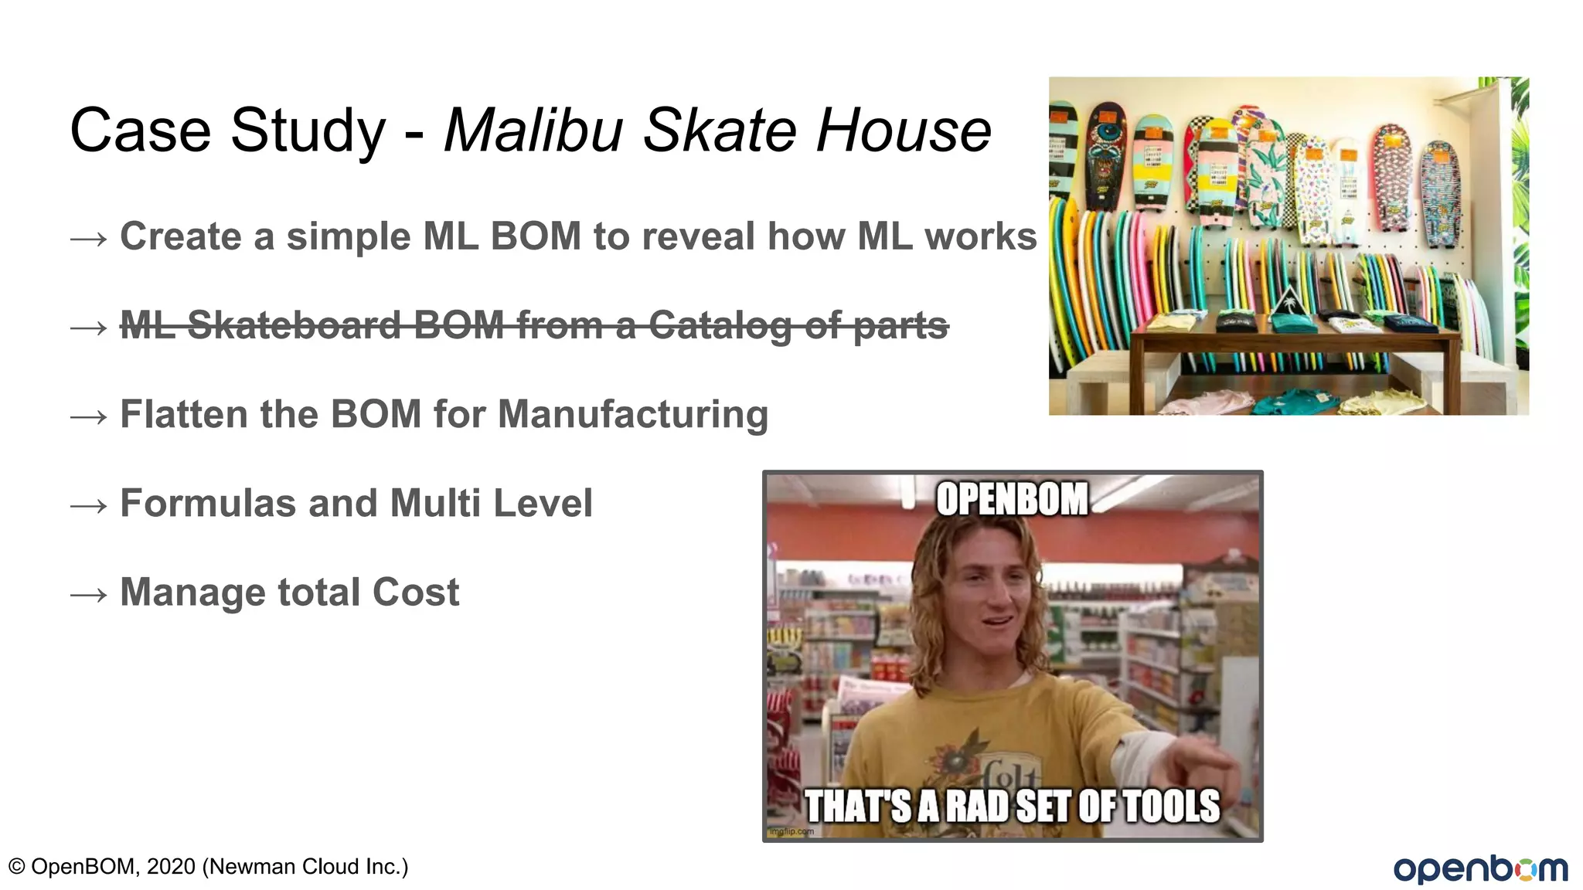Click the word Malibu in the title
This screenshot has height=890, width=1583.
pos(533,131)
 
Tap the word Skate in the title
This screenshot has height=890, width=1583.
pos(719,131)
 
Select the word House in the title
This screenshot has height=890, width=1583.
pos(903,131)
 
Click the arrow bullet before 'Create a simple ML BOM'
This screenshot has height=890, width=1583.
pos(88,239)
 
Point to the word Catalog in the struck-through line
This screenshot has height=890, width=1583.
pos(720,325)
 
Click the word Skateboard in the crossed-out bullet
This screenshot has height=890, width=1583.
pos(294,325)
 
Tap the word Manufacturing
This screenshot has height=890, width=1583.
pos(633,415)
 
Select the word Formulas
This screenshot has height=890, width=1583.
pos(207,504)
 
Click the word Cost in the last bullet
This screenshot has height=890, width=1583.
pos(415,593)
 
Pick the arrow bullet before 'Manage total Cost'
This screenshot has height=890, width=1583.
pos(88,596)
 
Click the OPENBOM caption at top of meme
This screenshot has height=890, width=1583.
pos(1012,499)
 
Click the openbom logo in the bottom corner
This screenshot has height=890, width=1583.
pos(1480,868)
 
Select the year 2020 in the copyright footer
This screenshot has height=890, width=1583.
pos(171,867)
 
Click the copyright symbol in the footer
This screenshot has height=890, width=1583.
pos(16,867)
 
